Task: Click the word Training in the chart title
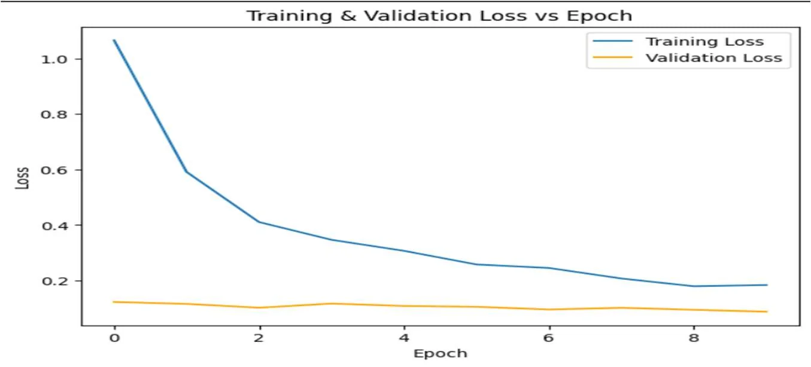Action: coord(289,16)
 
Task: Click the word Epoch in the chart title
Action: coord(599,16)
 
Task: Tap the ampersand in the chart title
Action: coord(348,16)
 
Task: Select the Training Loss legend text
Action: coord(705,42)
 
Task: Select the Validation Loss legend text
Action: coord(714,58)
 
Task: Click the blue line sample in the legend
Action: coord(612,41)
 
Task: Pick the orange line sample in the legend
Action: coord(612,57)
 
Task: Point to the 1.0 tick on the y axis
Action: coord(54,59)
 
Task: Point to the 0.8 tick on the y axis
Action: coord(54,114)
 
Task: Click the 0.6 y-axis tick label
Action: coord(54,170)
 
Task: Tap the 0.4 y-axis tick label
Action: coord(54,225)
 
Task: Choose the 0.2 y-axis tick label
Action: coord(54,281)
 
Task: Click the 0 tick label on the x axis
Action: coord(114,338)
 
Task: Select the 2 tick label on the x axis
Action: coord(259,338)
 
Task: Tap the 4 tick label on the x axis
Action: coord(404,338)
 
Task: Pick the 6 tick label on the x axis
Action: coord(549,338)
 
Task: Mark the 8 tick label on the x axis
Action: coord(693,338)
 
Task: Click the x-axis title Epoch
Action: coord(441,353)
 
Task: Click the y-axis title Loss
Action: coord(23,178)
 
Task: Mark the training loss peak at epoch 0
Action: coord(114,40)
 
